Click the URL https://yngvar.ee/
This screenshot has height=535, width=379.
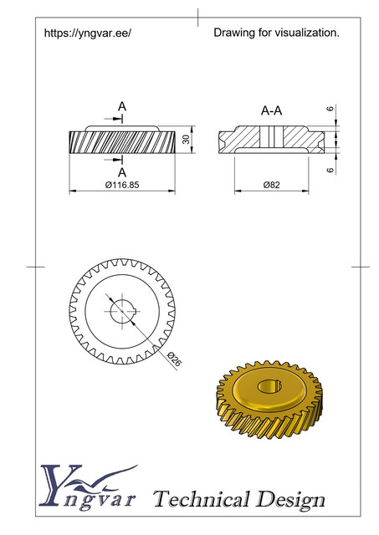(x=87, y=33)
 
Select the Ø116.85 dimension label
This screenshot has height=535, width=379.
(x=121, y=185)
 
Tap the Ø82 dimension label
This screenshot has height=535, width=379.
(x=270, y=185)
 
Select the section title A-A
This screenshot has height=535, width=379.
(x=271, y=110)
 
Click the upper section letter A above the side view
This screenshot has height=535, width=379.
(x=121, y=107)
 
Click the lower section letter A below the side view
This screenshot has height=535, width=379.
(x=121, y=172)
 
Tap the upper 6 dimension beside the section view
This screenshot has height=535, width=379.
(x=330, y=110)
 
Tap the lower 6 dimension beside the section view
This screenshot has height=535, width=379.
(x=330, y=170)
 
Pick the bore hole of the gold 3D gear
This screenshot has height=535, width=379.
(x=269, y=385)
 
